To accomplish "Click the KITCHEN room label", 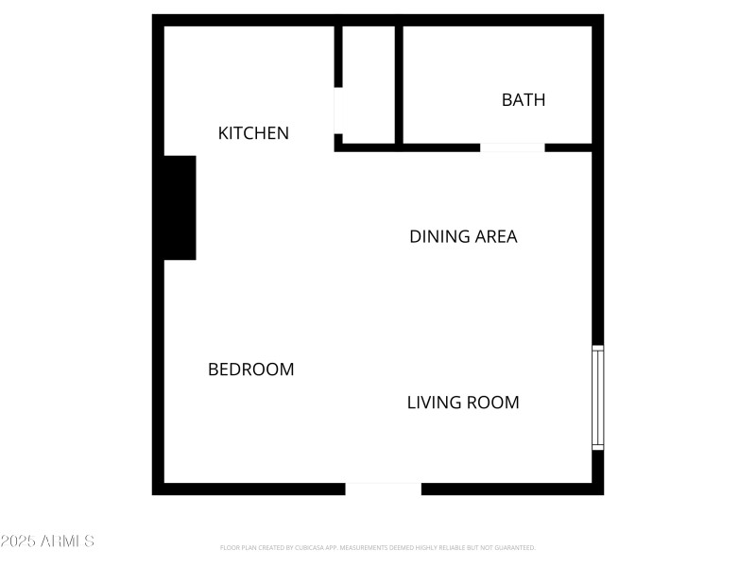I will (253, 133).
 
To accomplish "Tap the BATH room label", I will (524, 99).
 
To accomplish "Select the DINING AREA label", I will (463, 236).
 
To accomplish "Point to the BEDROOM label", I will (250, 369).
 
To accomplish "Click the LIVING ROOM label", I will (463, 403).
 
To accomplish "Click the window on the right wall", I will (597, 397).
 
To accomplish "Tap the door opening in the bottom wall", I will (383, 489).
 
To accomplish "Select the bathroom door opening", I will (512, 147).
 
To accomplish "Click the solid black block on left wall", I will (180, 208).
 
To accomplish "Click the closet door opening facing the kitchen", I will (338, 111).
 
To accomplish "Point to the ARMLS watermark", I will (47, 541).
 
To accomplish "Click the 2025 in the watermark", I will (16, 541).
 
